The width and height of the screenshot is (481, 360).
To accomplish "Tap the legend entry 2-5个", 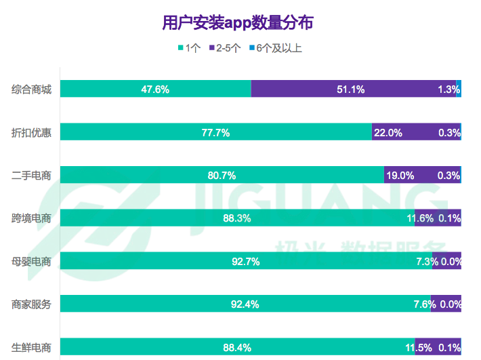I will pyautogui.click(x=227, y=48).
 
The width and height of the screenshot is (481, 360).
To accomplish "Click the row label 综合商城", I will pyautogui.click(x=31, y=89).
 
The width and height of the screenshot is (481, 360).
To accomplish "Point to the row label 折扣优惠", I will pyautogui.click(x=31, y=132).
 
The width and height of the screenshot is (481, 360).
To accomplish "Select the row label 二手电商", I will pyautogui.click(x=31, y=175).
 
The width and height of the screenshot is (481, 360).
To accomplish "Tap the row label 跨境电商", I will pyautogui.click(x=31, y=218).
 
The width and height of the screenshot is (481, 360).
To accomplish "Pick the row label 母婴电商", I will pyautogui.click(x=31, y=261).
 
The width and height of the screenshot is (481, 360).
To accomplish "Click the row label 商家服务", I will pyautogui.click(x=31, y=304).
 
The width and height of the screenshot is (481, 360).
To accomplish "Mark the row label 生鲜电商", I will pyautogui.click(x=31, y=347).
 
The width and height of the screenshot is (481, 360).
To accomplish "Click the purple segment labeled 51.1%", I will pyautogui.click(x=353, y=89).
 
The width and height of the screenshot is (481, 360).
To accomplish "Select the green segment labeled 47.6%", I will pyautogui.click(x=155, y=89).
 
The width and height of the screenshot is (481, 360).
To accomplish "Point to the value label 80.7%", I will pyautogui.click(x=222, y=176).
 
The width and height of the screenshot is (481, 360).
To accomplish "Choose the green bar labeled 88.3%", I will pyautogui.click(x=237, y=218).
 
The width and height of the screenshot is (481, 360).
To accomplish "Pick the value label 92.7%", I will pyautogui.click(x=246, y=262).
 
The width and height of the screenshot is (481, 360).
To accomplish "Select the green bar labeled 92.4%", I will pyautogui.click(x=245, y=304).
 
